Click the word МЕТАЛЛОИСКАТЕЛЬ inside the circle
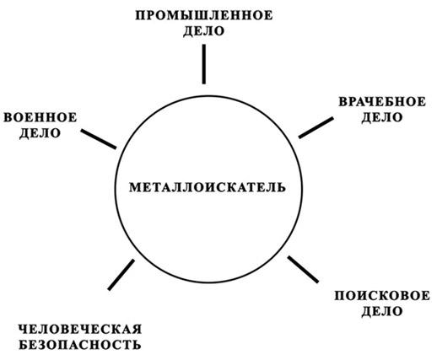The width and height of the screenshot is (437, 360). [x=208, y=187]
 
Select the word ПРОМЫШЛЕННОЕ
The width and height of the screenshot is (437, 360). [x=204, y=15]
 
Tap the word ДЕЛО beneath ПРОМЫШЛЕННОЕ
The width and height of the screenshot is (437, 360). [x=204, y=31]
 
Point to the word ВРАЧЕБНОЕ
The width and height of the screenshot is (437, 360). [x=382, y=102]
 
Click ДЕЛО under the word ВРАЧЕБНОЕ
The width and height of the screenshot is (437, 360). [x=382, y=117]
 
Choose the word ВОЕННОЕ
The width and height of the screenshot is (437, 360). [x=40, y=117]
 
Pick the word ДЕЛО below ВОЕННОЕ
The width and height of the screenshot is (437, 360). [x=40, y=133]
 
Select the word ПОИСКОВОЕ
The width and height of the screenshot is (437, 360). [x=382, y=296]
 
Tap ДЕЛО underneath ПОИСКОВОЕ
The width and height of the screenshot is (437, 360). [x=382, y=312]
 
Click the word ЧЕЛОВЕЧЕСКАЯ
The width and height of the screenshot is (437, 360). [x=80, y=329]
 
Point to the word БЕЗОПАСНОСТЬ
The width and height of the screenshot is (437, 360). [x=80, y=345]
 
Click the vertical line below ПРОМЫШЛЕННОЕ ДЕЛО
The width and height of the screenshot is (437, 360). [x=204, y=64]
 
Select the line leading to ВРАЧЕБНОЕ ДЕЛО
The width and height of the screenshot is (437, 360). [x=316, y=128]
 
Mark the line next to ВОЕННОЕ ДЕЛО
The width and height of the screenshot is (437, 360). [x=99, y=139]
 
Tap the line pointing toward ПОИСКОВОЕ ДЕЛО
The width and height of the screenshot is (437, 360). [x=303, y=270]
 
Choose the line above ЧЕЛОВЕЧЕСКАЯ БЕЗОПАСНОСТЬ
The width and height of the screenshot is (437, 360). [x=121, y=275]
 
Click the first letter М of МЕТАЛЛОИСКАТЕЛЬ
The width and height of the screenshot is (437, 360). [x=135, y=187]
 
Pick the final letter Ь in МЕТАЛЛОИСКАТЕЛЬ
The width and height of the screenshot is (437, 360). [x=281, y=187]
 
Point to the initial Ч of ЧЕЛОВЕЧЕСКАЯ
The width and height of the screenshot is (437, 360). [x=24, y=329]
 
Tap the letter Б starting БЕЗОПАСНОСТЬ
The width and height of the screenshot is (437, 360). [x=24, y=345]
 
